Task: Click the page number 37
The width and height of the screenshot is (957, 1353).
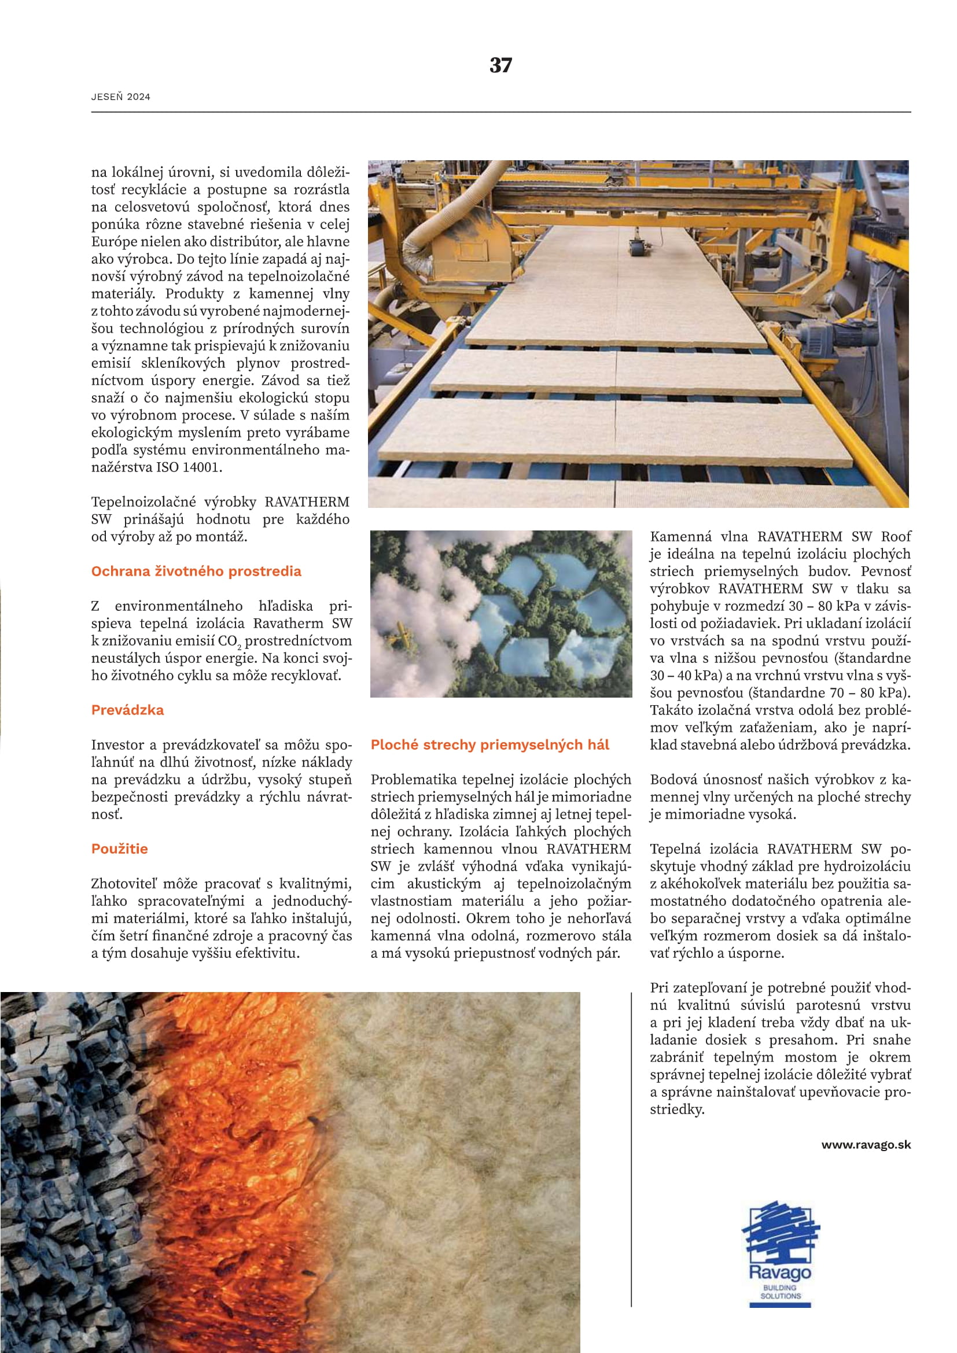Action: pos(500,65)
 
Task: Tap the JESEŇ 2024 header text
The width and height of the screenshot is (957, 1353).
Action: pos(121,97)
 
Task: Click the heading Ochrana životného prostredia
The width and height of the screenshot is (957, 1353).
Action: pos(196,571)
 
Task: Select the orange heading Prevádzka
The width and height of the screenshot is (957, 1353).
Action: pos(127,710)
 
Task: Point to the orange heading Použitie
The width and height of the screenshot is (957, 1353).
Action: pos(119,849)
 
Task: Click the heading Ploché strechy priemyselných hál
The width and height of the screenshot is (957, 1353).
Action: pos(489,744)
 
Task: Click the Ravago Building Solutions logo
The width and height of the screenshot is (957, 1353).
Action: pos(780,1255)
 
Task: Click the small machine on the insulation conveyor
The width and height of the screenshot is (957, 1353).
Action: pos(636,247)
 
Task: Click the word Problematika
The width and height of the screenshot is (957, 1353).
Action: pos(414,780)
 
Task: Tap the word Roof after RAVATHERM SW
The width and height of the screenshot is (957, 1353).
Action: pos(896,537)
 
